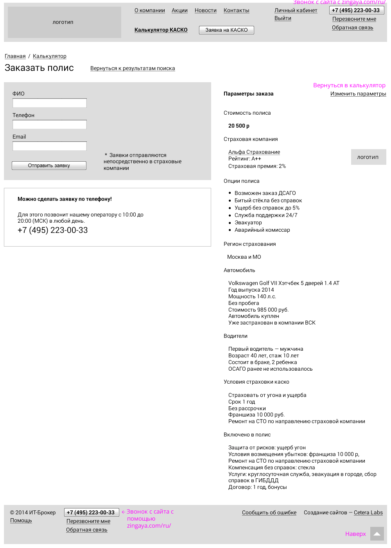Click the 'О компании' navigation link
pyautogui.click(x=150, y=11)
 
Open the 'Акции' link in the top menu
pyautogui.click(x=179, y=11)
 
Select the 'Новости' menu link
pyautogui.click(x=206, y=11)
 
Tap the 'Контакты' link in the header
pyautogui.click(x=236, y=11)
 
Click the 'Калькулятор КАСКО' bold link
pyautogui.click(x=161, y=30)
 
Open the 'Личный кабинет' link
pyautogui.click(x=296, y=11)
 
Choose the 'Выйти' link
pyautogui.click(x=283, y=18)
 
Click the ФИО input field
pyautogui.click(x=50, y=103)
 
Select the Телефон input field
pyautogui.click(x=50, y=124)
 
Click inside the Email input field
pyautogui.click(x=50, y=146)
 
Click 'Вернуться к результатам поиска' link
pyautogui.click(x=133, y=68)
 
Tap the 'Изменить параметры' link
pyautogui.click(x=358, y=94)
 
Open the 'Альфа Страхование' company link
pyautogui.click(x=254, y=152)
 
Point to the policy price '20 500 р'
pyautogui.click(x=239, y=126)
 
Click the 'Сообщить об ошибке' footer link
pyautogui.click(x=269, y=513)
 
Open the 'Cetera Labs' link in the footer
pyautogui.click(x=368, y=513)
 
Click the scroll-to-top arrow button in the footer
pyautogui.click(x=377, y=534)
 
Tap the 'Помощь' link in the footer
pyautogui.click(x=21, y=521)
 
